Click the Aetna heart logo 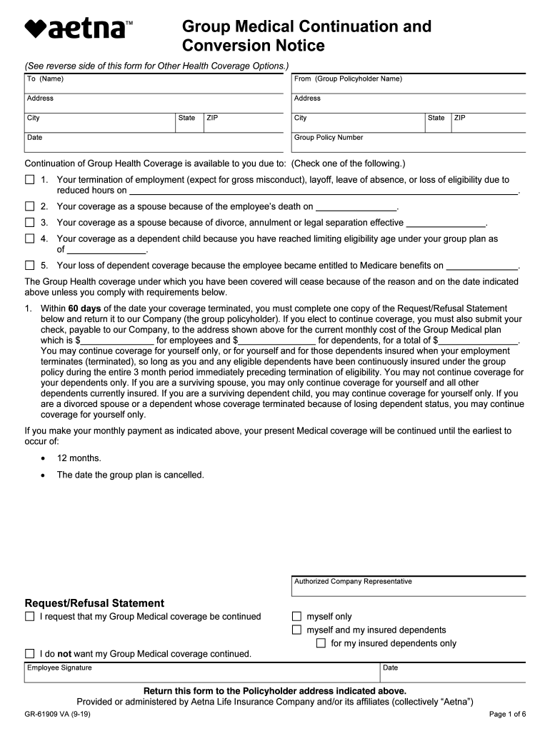[36, 29]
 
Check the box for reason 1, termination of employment [30, 180]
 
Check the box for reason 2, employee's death [30, 206]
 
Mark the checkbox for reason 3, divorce [30, 223]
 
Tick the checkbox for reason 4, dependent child [30, 239]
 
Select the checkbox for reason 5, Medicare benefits [30, 266]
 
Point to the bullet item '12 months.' [79, 458]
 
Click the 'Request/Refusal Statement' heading [94, 603]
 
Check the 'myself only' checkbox [297, 617]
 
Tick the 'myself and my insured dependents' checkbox [297, 630]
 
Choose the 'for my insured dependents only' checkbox [321, 643]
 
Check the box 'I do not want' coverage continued [30, 654]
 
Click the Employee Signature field [200, 674]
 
